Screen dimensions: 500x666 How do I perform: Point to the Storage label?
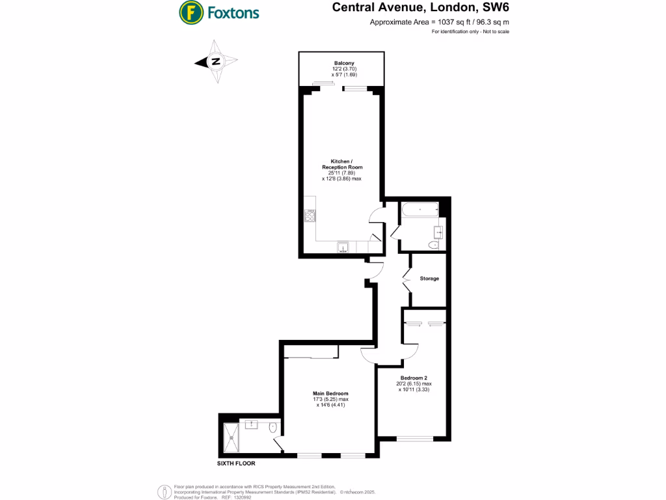(x=429, y=279)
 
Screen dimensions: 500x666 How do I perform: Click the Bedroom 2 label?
(x=414, y=378)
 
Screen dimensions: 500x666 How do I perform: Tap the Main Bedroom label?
(x=330, y=394)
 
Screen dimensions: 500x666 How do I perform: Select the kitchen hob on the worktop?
(x=310, y=215)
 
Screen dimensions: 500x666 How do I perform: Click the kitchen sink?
(x=343, y=247)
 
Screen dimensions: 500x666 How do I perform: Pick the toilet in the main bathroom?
(x=434, y=245)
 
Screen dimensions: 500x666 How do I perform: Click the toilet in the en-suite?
(x=273, y=427)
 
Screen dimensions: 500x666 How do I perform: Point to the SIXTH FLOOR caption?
(x=236, y=464)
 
